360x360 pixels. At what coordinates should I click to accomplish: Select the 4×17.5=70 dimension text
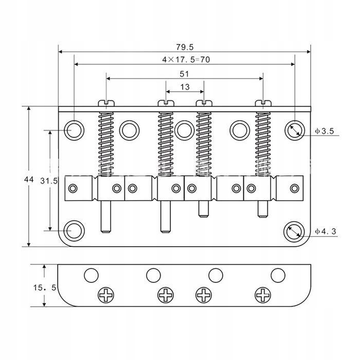coord(185,59)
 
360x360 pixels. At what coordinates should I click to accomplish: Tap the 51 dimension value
coord(184,74)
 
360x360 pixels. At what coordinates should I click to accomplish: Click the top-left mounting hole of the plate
coord(74,129)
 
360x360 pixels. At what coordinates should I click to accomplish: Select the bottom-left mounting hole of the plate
coord(74,229)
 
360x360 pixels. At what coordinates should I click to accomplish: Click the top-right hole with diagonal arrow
coord(295,130)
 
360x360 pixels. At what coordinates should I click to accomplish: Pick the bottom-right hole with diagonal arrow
coord(295,230)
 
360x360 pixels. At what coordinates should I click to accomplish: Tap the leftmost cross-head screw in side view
coord(105,295)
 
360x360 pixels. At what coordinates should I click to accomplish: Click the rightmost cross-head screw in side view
coord(264,295)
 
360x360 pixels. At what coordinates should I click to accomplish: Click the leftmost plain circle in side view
coord(91,274)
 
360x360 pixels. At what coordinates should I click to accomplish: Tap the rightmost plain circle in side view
coord(278,274)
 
